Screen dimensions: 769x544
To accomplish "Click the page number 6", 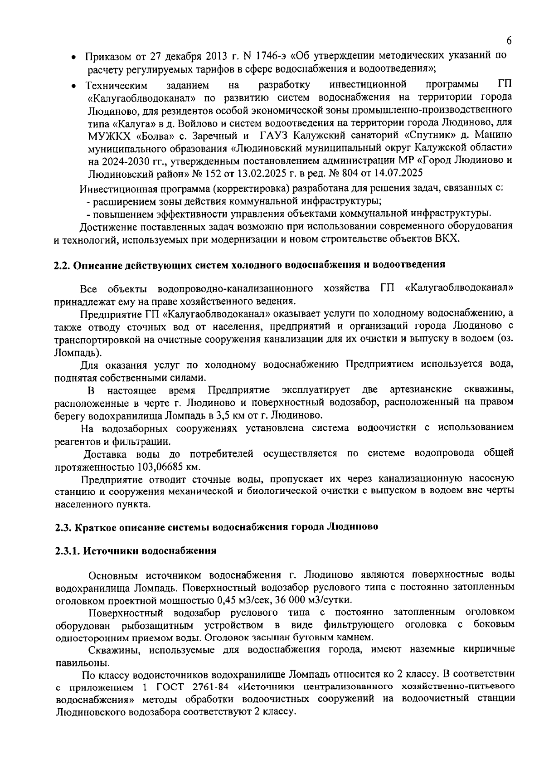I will (x=509, y=41).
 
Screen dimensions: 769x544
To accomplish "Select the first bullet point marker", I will (x=73, y=58).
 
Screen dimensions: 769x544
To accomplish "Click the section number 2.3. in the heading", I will (x=63, y=527).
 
